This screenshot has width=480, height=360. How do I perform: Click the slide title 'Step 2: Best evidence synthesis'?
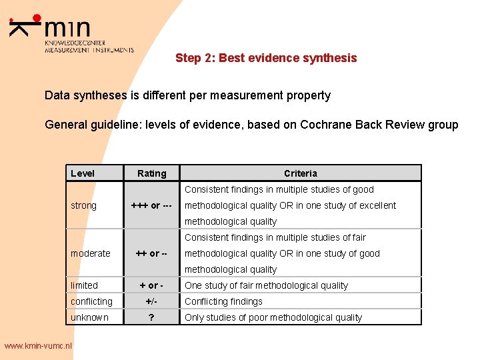[x=266, y=58]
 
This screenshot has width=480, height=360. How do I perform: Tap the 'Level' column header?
[x=83, y=173]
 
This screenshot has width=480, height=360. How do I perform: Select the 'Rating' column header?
[x=151, y=173]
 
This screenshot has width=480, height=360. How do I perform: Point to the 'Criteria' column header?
[x=301, y=173]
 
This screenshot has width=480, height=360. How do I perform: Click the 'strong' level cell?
[x=83, y=205]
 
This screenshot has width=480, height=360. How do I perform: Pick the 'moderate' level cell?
[x=91, y=253]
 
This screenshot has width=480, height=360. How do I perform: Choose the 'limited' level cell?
[x=84, y=285]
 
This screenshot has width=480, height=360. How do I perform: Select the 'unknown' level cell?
[x=89, y=317]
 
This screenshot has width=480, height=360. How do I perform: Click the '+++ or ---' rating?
[x=151, y=205]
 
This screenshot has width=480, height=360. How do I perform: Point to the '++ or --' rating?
[x=151, y=253]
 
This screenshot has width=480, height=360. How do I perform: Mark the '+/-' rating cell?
[x=151, y=301]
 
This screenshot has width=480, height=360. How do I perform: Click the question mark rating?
[x=151, y=317]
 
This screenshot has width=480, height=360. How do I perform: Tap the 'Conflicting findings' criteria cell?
[x=223, y=301]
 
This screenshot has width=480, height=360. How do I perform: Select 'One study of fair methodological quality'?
[x=266, y=285]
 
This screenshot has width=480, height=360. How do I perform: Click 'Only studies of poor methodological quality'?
[x=273, y=317]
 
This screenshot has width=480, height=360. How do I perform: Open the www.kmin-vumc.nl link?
[x=38, y=345]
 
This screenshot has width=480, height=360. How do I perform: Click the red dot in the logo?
[x=37, y=19]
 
